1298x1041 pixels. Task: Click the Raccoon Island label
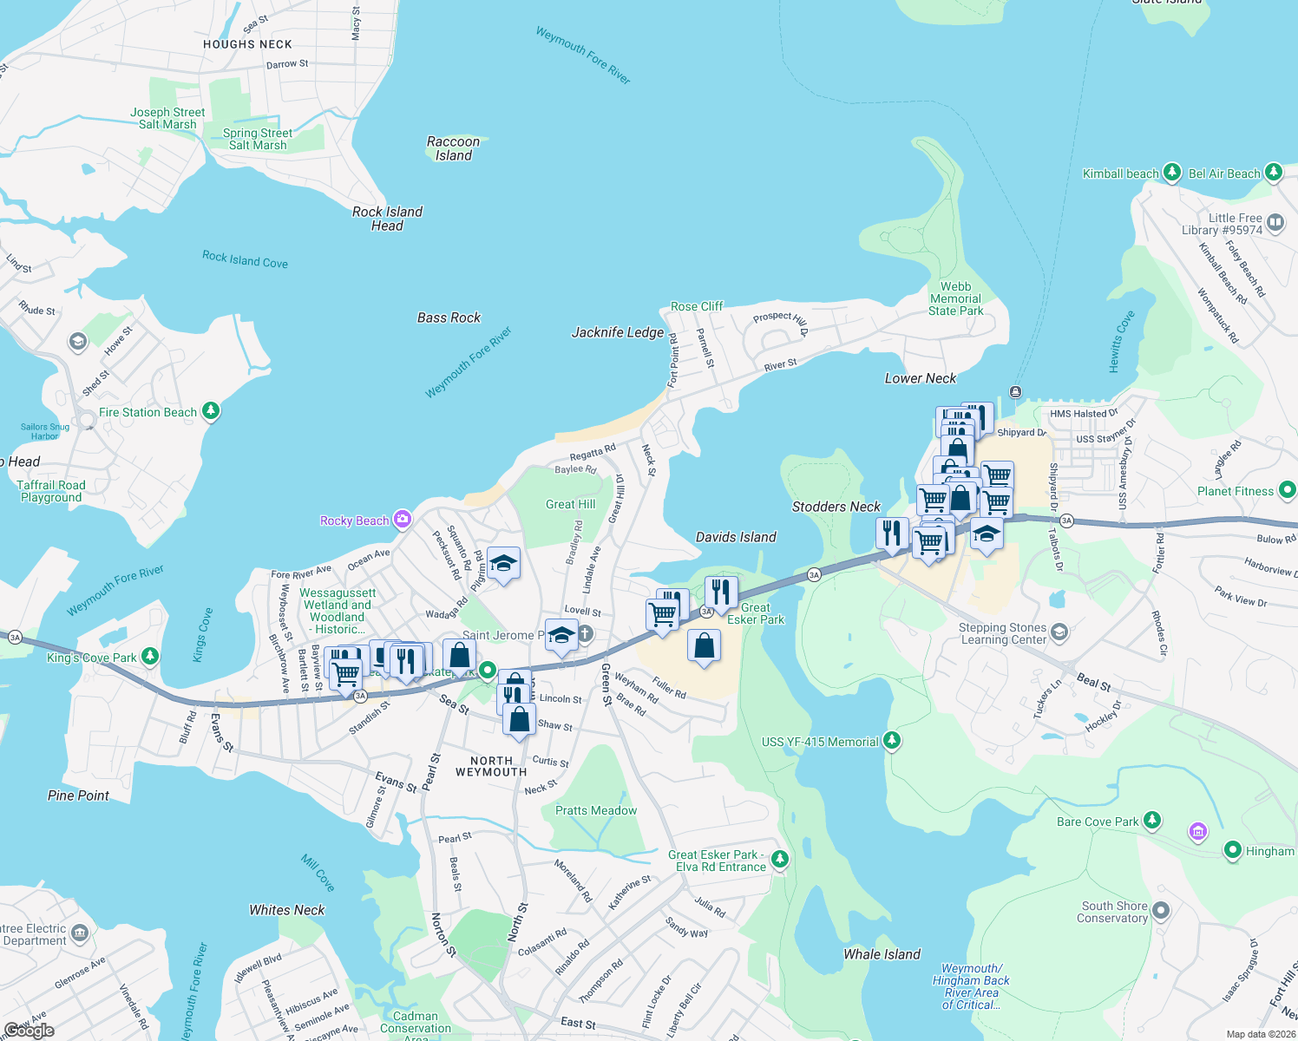[453, 148]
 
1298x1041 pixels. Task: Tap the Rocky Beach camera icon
[402, 520]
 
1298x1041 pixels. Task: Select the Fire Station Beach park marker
[211, 411]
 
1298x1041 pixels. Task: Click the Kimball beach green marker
[1172, 173]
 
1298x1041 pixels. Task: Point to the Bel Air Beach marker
[1273, 173]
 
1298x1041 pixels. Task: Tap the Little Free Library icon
[1275, 223]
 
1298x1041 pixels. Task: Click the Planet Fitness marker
[1287, 490]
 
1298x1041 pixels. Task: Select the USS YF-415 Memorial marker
[892, 741]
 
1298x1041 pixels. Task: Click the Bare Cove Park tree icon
[1151, 820]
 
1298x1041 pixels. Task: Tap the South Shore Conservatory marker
[1161, 911]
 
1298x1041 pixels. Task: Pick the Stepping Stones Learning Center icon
[1059, 632]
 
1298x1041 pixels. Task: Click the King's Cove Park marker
[150, 656]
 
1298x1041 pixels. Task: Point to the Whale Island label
[882, 954]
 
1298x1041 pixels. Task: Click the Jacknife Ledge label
[618, 332]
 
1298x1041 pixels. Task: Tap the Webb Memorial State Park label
[955, 298]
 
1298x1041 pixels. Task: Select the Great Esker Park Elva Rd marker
[780, 859]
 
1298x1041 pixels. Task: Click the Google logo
[29, 1031]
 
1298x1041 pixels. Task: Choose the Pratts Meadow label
[596, 810]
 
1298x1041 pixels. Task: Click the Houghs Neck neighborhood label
[247, 44]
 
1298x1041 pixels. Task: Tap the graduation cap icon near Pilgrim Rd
[503, 564]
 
